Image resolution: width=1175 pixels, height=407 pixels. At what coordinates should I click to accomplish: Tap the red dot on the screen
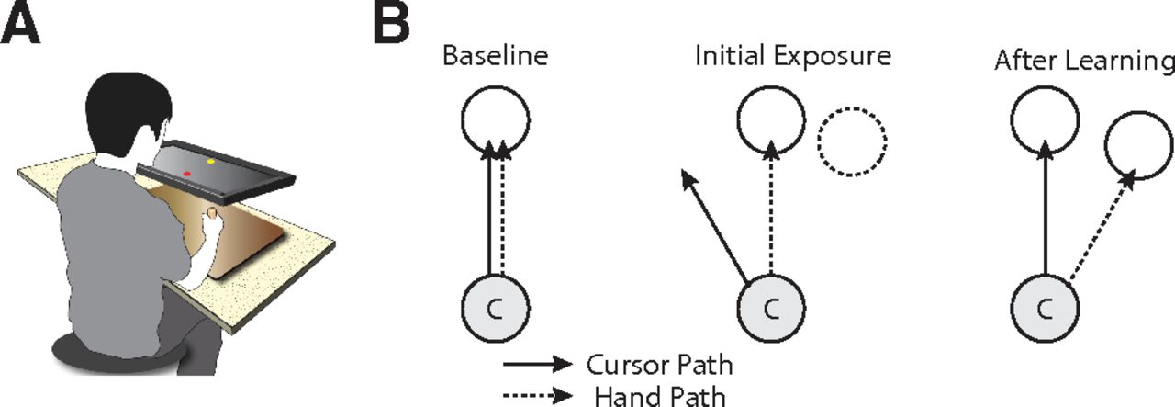tap(186, 173)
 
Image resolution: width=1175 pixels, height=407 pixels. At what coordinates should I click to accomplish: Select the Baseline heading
tap(495, 56)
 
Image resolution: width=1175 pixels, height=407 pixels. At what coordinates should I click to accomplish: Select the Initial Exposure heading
tap(792, 56)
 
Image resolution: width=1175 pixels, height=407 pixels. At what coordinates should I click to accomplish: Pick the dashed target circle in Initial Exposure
tap(852, 142)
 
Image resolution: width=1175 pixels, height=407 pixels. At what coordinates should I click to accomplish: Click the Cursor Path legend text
tap(659, 366)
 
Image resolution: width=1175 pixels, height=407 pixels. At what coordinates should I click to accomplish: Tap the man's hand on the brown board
tap(213, 216)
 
